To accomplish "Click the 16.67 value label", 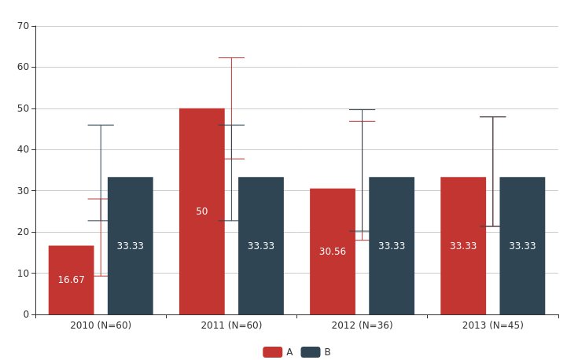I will point(71,280).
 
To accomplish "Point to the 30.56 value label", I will point(332,252).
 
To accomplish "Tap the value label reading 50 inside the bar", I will point(201,211).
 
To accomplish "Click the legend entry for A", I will point(278,352).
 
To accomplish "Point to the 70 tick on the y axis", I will point(23,26).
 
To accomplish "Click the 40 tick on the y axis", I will point(23,149).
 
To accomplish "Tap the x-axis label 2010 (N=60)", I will point(101,325).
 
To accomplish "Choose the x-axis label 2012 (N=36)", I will point(362,325).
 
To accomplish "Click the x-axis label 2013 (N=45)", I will point(492,325).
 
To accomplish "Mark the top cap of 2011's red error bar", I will point(231,57).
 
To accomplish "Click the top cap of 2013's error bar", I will point(493,116).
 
